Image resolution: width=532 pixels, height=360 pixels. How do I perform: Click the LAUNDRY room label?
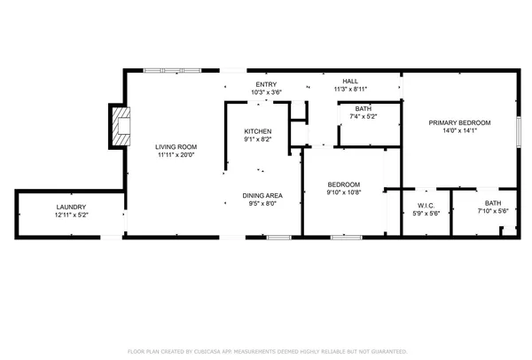click(72, 207)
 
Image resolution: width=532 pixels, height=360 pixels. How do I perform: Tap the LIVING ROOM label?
click(176, 146)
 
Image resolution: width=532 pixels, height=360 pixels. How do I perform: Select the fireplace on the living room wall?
click(119, 126)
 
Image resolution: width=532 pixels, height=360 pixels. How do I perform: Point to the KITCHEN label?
click(258, 131)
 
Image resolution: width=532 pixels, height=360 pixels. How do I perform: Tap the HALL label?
click(350, 82)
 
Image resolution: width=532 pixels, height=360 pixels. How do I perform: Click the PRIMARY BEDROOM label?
click(459, 122)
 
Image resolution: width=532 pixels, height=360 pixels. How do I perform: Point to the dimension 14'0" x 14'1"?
click(459, 130)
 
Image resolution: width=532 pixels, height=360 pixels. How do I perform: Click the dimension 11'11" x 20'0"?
click(176, 154)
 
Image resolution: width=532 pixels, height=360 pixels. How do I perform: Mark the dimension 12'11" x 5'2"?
click(72, 215)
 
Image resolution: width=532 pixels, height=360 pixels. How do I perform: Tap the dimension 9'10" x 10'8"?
click(343, 192)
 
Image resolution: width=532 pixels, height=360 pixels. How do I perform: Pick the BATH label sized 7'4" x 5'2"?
click(363, 108)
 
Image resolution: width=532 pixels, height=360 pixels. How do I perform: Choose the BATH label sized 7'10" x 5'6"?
click(492, 203)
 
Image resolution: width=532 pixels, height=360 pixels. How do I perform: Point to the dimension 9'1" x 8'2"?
click(258, 139)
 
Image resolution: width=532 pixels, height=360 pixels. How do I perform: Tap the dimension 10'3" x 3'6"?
click(266, 91)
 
